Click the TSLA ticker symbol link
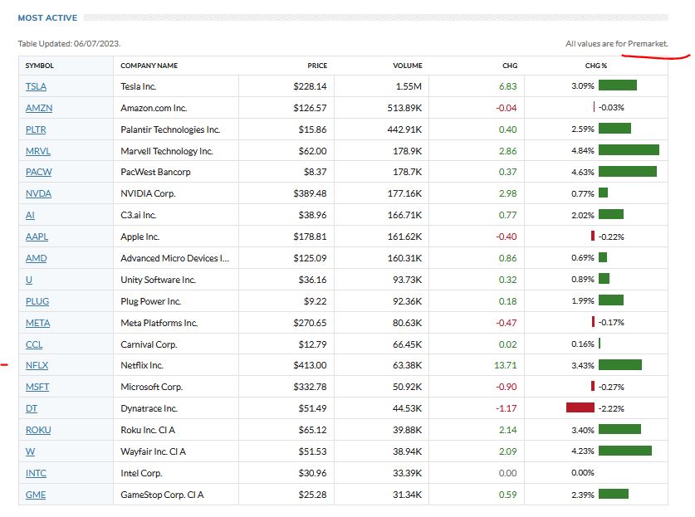tap(36, 85)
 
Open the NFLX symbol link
tap(37, 365)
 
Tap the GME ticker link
tap(36, 495)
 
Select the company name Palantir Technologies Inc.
tap(170, 129)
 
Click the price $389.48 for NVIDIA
tap(310, 193)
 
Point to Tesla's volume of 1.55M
tap(408, 85)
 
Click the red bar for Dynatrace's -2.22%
tap(580, 407)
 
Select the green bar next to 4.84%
tap(629, 150)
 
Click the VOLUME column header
tap(407, 66)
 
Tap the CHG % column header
tap(595, 66)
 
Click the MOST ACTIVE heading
tap(47, 17)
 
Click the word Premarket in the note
tap(648, 43)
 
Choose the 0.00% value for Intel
tap(583, 473)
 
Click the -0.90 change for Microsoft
tap(505, 387)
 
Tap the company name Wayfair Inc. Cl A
tap(153, 451)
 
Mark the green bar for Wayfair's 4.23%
tap(624, 451)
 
